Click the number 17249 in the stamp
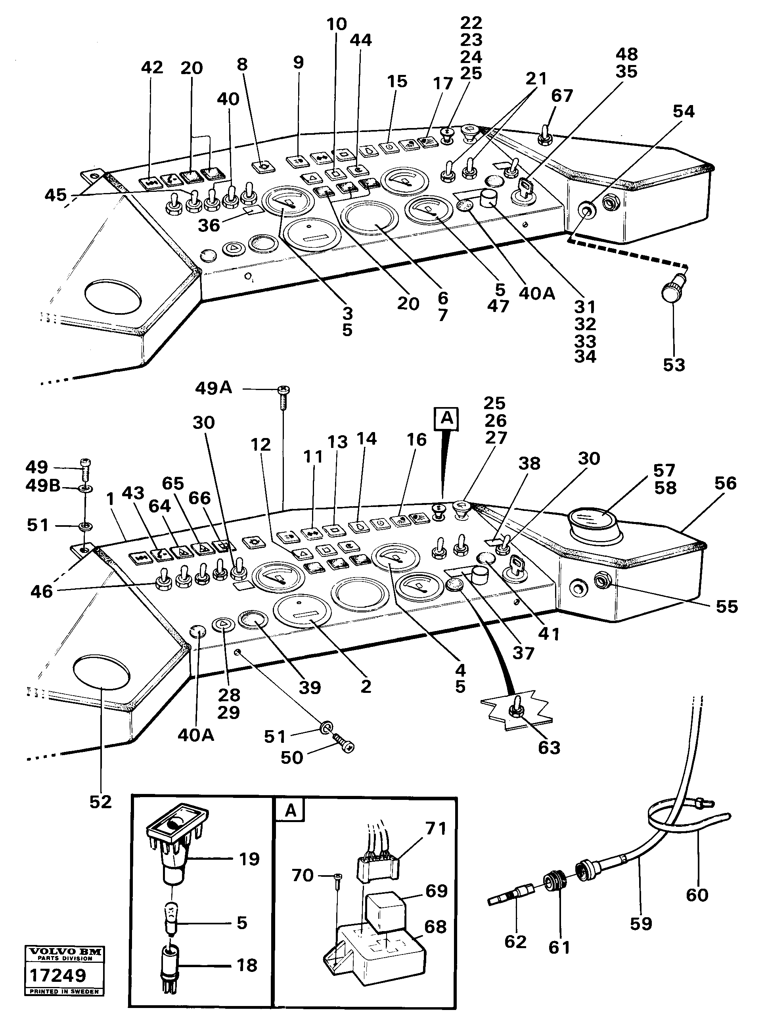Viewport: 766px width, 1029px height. [57, 975]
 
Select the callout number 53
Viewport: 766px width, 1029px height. [674, 365]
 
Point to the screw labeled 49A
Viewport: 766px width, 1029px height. [282, 398]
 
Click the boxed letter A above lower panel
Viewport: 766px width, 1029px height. [446, 419]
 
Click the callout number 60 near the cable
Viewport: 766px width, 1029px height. [697, 895]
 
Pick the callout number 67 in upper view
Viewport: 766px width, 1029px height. [561, 96]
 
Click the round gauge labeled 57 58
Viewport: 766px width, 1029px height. [596, 523]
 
